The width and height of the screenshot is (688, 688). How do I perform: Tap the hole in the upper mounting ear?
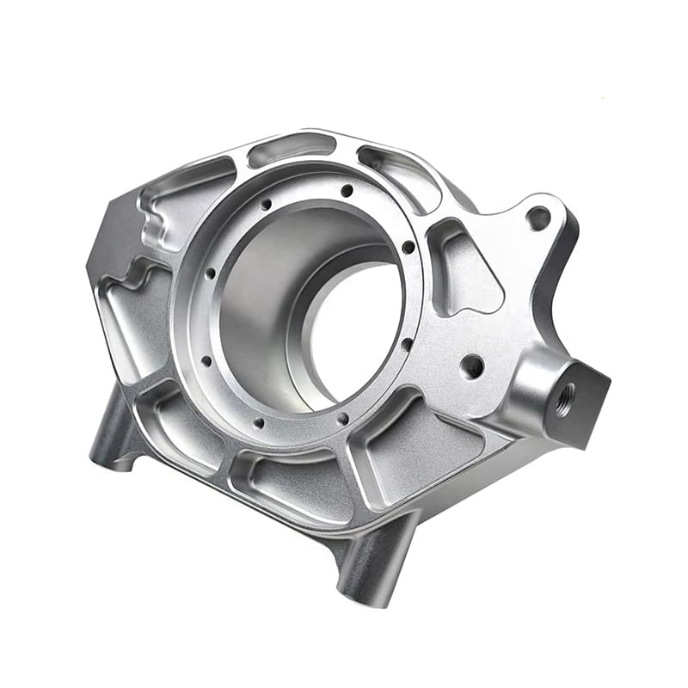click(x=539, y=218)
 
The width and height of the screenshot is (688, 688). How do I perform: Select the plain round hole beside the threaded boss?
click(x=472, y=367)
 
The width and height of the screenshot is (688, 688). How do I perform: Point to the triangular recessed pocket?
click(x=464, y=267)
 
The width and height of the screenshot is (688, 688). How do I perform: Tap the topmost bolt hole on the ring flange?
click(x=347, y=191)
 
